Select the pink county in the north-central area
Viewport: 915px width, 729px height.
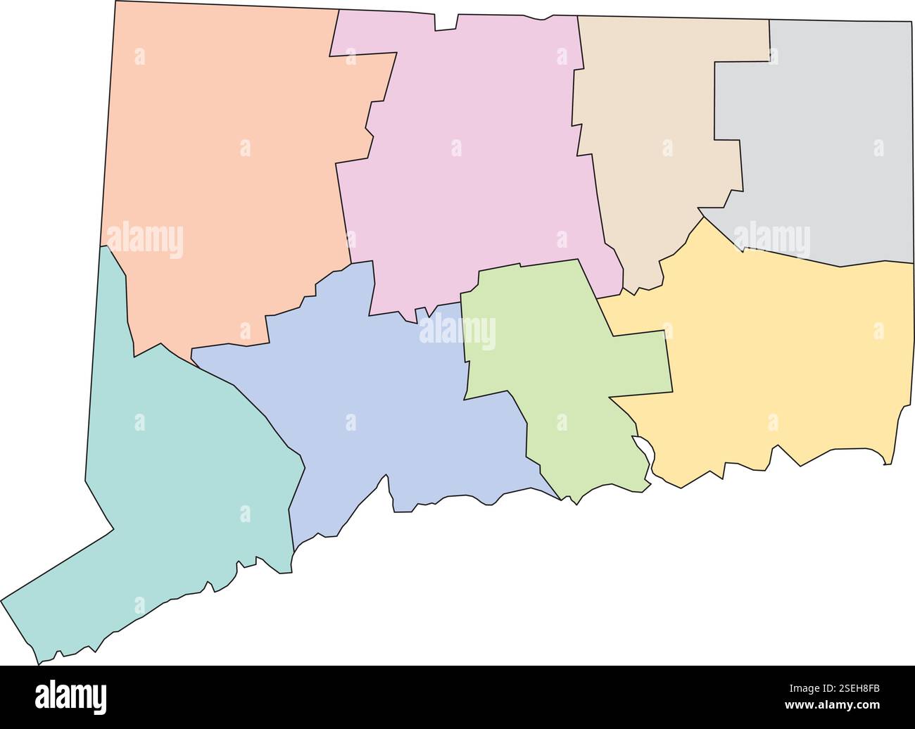(465, 176)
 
